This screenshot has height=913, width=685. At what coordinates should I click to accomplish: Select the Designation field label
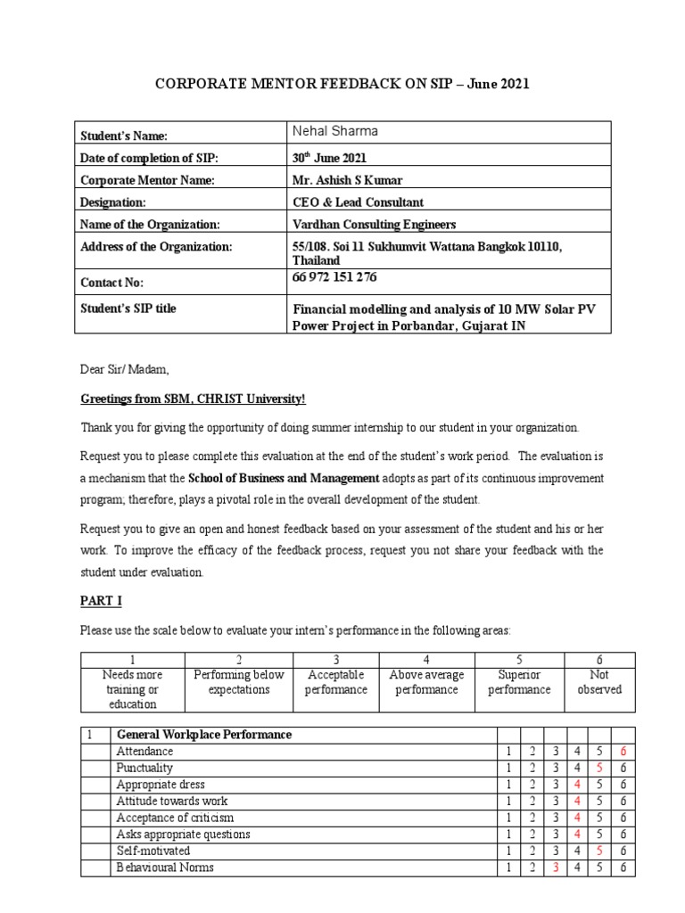[x=113, y=202]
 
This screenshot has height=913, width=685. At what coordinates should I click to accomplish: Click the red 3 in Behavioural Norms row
[x=555, y=868]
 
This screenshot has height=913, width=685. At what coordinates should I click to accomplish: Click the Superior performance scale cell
[x=520, y=683]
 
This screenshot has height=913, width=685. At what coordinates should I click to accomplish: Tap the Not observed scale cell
[x=599, y=683]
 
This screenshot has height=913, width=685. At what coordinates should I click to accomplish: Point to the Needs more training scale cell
[x=131, y=690]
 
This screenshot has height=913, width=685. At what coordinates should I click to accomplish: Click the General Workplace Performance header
[x=202, y=735]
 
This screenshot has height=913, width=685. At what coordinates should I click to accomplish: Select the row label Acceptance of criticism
[x=176, y=818]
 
